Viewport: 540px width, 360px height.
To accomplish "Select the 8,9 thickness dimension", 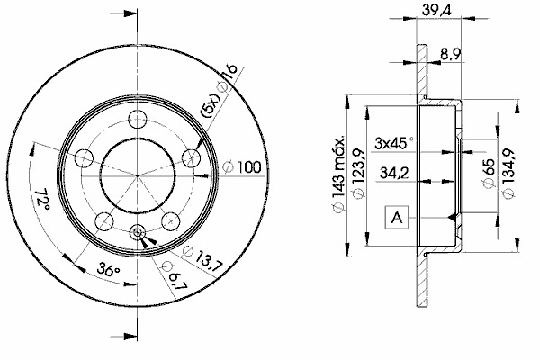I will (452, 56).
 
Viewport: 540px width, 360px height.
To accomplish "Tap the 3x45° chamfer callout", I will (392, 142).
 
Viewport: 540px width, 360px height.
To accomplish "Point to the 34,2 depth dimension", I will (396, 172).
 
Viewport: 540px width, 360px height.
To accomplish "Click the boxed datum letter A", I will (397, 216).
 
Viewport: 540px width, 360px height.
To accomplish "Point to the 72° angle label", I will (40, 200).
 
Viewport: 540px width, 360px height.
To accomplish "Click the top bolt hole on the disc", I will (137, 118).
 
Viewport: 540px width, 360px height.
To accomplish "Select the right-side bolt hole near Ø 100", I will (191, 157).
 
